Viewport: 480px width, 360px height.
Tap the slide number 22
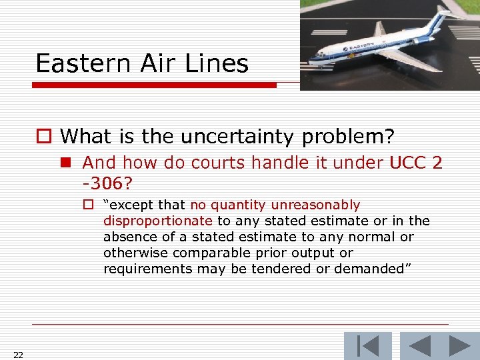[x=18, y=355]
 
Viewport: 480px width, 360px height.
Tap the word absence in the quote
[x=127, y=237]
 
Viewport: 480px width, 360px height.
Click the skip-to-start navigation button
[x=367, y=346]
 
